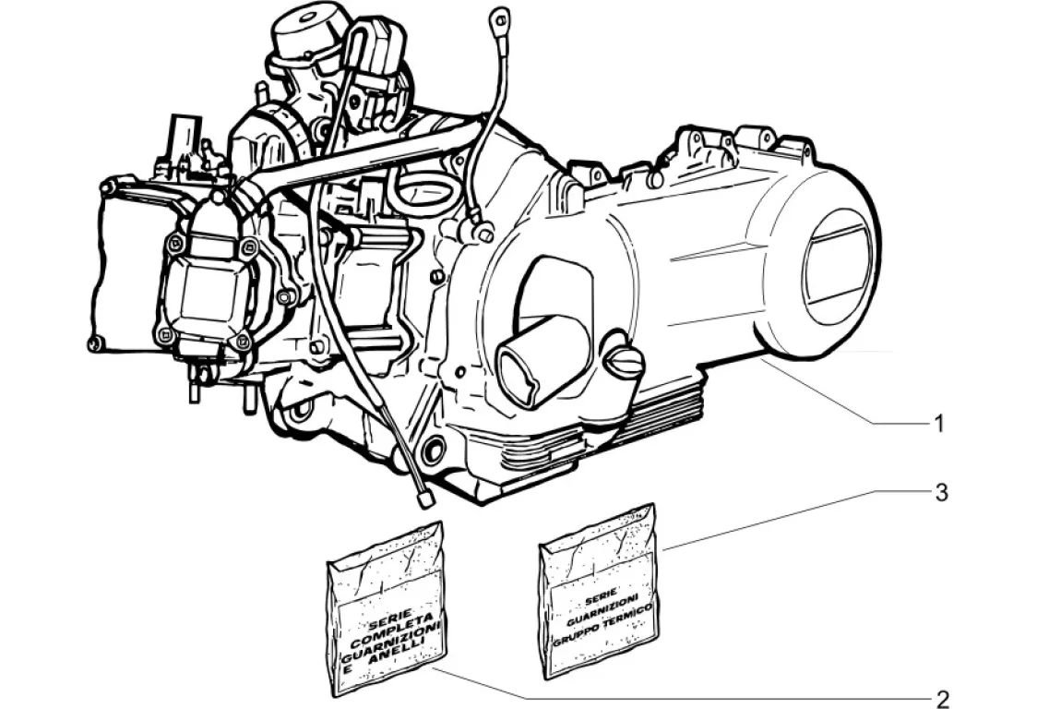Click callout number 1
point(939,423)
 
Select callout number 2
point(942,699)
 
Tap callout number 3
point(940,493)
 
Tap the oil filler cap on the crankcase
point(623,363)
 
